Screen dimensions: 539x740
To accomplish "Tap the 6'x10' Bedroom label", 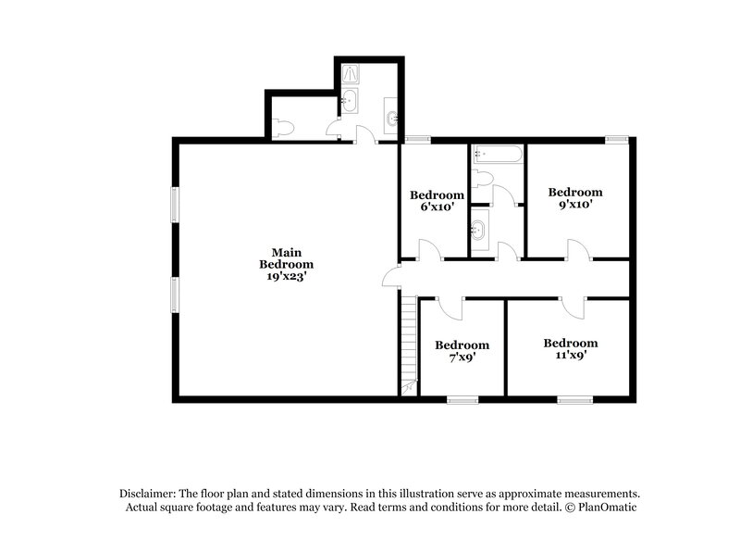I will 437,201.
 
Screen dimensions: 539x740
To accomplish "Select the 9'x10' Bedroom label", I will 574,198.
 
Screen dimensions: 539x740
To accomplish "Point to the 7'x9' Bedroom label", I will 462,350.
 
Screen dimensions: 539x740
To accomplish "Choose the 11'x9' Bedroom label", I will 570,348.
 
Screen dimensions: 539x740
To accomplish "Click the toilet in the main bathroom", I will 284,128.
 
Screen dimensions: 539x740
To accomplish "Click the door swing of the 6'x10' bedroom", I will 428,249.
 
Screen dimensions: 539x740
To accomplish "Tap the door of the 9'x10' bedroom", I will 577,249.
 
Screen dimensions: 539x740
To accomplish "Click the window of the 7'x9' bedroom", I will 462,400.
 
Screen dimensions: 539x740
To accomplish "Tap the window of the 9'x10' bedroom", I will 617,139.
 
